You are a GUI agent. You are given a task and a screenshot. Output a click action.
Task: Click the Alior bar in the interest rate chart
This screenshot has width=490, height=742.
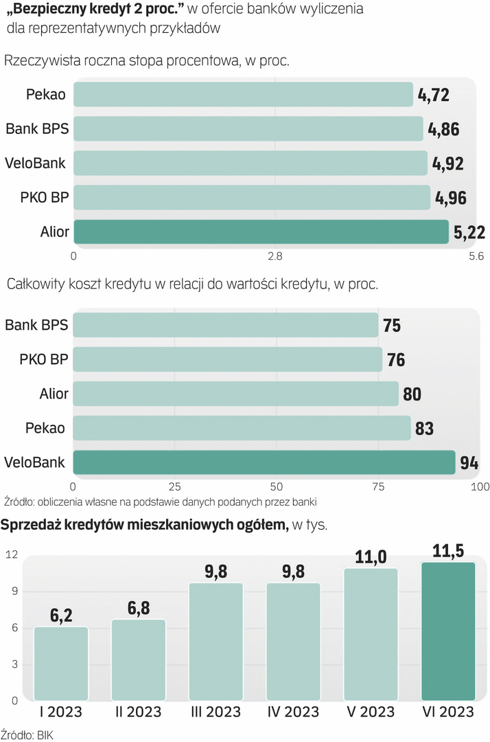(x=261, y=232)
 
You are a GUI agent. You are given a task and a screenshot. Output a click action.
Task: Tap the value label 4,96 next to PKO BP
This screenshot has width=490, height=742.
(x=451, y=198)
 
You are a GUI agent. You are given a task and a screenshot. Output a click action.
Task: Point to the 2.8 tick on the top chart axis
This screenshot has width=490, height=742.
(x=275, y=256)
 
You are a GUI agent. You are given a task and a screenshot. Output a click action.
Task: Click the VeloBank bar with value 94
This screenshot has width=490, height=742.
(x=264, y=462)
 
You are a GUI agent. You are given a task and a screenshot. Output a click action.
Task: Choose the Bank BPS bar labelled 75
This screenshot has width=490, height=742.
(x=226, y=325)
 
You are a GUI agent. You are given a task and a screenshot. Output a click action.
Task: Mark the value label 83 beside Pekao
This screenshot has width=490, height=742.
(x=424, y=429)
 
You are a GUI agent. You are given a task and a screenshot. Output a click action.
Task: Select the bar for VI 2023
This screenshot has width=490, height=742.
(x=448, y=631)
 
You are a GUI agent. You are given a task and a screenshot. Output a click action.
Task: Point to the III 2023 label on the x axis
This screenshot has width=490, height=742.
(x=215, y=712)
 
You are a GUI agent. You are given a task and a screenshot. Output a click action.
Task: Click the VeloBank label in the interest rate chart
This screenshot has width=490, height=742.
(x=35, y=163)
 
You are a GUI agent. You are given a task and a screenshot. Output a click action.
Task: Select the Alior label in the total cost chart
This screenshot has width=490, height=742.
(x=54, y=394)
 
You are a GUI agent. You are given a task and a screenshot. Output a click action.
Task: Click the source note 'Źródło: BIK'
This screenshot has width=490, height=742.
(x=27, y=734)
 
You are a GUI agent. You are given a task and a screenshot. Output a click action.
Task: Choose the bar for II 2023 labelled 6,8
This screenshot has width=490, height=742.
(x=139, y=659)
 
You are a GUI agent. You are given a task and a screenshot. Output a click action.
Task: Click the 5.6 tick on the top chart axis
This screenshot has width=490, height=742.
(x=476, y=256)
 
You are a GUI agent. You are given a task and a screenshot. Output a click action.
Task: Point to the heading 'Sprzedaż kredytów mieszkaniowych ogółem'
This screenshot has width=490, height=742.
(x=144, y=526)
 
